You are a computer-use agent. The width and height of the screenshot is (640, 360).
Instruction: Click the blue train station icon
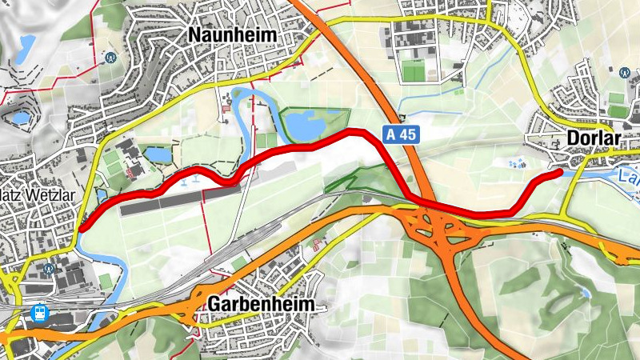point(37,312)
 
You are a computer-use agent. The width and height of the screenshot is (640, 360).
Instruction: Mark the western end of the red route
point(81,228)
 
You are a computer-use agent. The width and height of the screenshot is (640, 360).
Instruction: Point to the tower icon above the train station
point(50,269)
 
